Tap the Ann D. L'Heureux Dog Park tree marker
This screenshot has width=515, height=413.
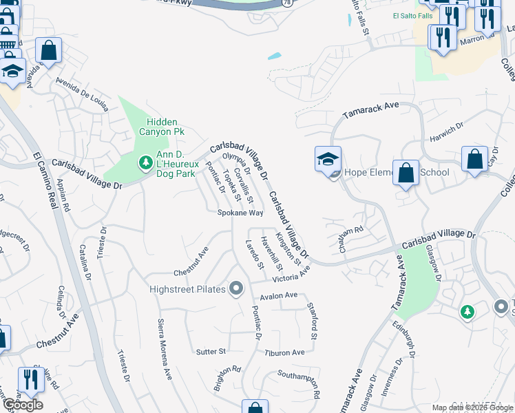click(145, 162)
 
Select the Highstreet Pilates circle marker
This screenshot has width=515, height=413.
click(236, 288)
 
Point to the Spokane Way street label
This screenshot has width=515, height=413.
click(240, 213)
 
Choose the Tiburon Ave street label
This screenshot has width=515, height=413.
click(284, 352)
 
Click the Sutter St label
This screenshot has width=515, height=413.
click(211, 352)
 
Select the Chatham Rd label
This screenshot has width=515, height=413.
click(350, 237)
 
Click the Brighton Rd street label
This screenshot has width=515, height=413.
click(227, 378)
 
